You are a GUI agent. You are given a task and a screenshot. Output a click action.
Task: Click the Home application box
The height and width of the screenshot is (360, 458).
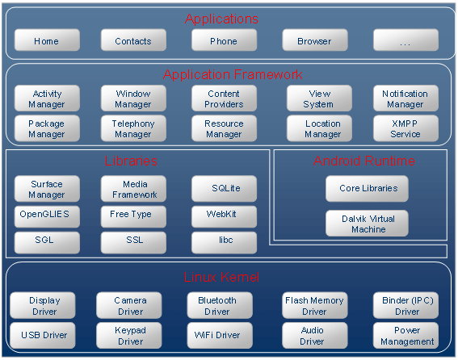coord(47,40)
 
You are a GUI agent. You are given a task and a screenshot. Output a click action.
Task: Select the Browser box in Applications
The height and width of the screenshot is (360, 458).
coord(315,40)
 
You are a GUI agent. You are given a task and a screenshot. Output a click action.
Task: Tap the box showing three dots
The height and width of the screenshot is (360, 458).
coord(405,40)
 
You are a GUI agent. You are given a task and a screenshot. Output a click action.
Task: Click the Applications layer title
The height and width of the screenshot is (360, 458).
coord(221,19)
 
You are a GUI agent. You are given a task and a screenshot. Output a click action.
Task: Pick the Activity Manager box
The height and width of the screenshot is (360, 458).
coord(47,98)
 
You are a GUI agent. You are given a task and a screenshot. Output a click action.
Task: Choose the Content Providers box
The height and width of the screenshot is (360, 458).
coord(224,98)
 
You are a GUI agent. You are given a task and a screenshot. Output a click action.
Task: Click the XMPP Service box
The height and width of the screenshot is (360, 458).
coord(405,128)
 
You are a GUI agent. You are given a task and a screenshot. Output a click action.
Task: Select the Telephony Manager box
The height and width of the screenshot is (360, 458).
coord(133,128)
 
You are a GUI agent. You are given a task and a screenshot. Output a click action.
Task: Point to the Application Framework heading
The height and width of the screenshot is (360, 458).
coord(233,75)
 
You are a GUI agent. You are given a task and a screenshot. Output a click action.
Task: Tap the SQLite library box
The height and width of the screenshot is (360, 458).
coord(224,189)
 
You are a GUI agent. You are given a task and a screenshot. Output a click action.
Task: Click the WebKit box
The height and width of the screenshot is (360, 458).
coord(224,216)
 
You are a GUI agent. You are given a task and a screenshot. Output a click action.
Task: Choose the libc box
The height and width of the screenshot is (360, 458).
coord(224,242)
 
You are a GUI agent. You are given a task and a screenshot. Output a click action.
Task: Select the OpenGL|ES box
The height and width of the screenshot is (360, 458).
coord(47,216)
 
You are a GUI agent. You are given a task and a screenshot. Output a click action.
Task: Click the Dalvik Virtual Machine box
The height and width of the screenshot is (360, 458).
coord(367,224)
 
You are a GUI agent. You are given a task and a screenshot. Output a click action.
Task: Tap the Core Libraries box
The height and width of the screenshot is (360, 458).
coord(367,189)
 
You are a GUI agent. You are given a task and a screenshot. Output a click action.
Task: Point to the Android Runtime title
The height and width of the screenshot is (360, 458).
coord(364,161)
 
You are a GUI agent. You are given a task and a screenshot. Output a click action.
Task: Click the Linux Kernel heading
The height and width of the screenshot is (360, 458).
coord(221,277)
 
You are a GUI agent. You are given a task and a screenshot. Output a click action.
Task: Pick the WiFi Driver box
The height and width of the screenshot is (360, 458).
coord(220,336)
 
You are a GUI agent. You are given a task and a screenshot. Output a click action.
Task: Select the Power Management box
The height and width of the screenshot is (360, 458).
coord(405,336)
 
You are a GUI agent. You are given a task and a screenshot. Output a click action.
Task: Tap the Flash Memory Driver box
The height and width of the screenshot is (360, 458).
coord(315,305)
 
